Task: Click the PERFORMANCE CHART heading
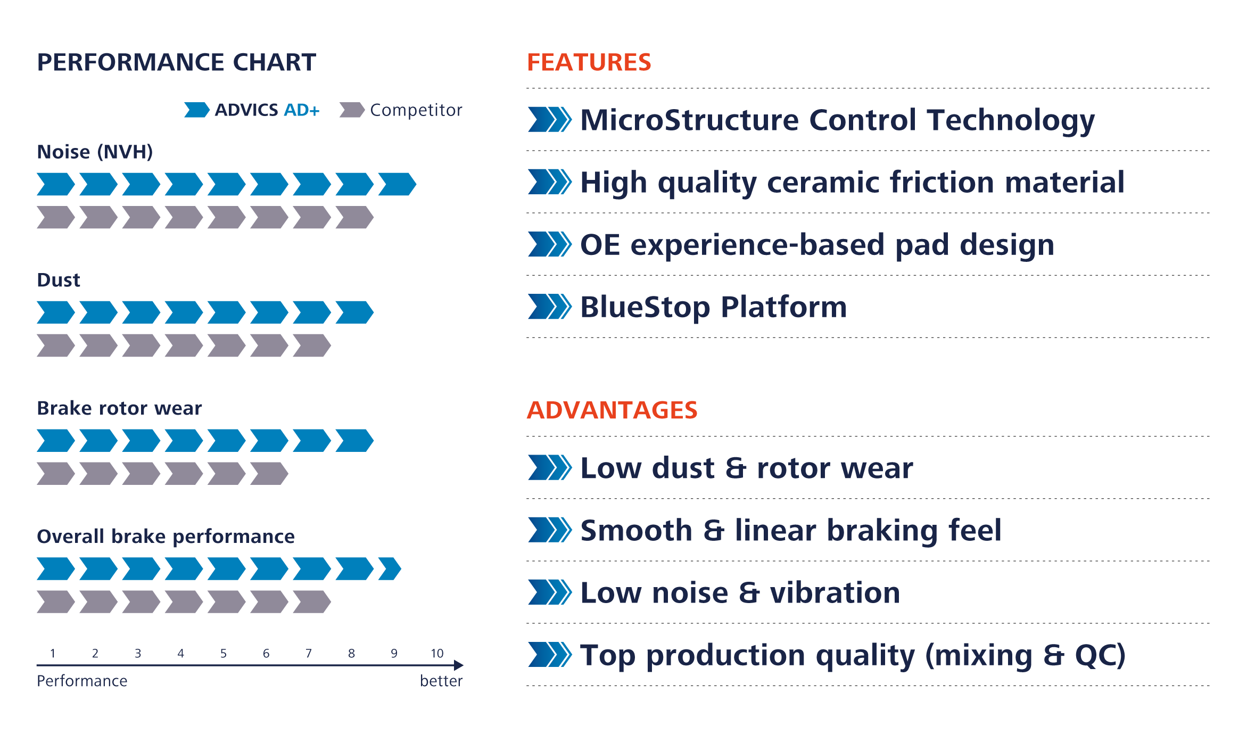tap(176, 63)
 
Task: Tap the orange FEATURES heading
tap(589, 63)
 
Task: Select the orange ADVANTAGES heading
tap(612, 410)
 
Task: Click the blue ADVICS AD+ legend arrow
tap(196, 110)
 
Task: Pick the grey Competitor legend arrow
tap(351, 110)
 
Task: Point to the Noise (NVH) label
tap(95, 152)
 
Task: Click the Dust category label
tap(59, 281)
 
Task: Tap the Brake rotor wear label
tap(119, 408)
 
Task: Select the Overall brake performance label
tap(166, 537)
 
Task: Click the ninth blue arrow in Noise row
tap(397, 184)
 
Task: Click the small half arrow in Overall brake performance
tap(390, 569)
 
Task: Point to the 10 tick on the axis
tap(437, 654)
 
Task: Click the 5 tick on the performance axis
tap(224, 654)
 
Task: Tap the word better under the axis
tap(441, 681)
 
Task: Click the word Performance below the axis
tap(82, 681)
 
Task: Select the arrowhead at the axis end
tap(459, 665)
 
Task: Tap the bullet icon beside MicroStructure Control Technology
tap(549, 119)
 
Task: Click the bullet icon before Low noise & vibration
tap(549, 592)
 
